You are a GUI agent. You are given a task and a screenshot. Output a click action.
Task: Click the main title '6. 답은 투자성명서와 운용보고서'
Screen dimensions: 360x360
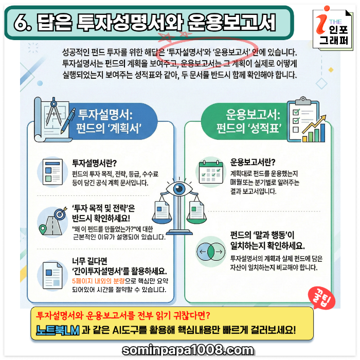click(x=149, y=22)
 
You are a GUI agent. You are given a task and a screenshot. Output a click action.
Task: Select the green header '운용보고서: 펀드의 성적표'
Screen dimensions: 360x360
click(x=251, y=120)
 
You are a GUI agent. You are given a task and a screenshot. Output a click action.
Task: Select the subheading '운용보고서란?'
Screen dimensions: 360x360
click(x=253, y=161)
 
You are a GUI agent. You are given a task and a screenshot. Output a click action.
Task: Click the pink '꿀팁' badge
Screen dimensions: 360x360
click(x=317, y=298)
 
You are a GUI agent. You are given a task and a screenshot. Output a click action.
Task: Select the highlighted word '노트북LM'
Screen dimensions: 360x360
click(x=58, y=330)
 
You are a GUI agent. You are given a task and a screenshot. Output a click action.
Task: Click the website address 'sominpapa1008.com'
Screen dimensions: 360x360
click(x=188, y=350)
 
